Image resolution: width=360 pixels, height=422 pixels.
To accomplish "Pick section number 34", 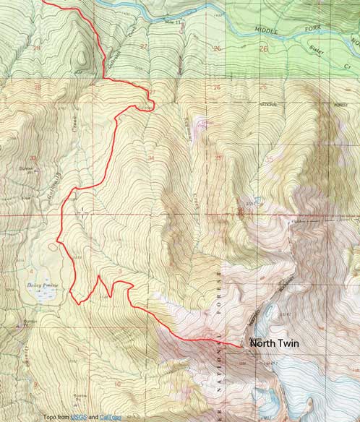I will [x=150, y=157].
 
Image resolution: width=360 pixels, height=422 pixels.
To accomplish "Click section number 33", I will [x=31, y=157].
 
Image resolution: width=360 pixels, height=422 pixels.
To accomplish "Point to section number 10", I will [x=116, y=384].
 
